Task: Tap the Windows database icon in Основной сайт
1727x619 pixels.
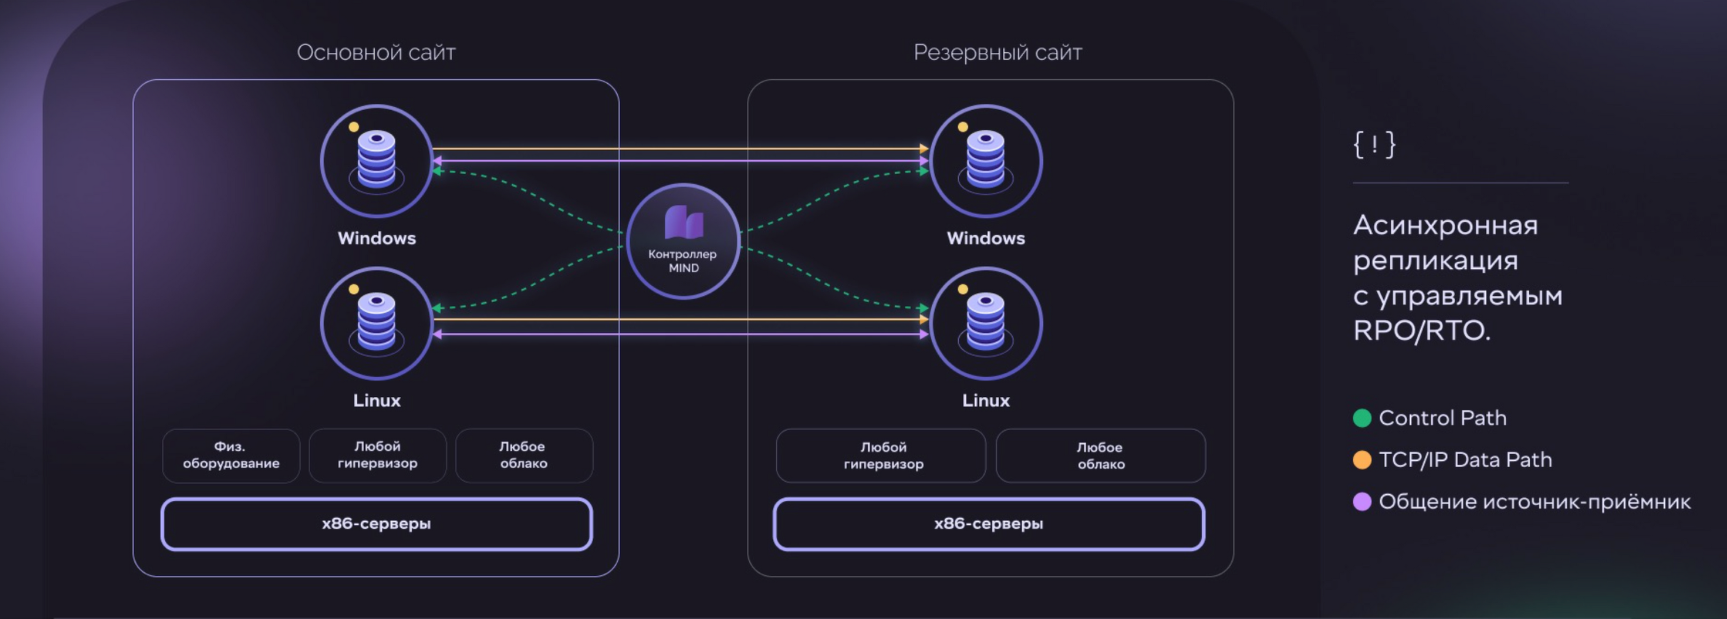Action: [377, 161]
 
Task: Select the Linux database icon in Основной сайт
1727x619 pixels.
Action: [377, 323]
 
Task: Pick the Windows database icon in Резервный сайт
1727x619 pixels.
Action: [986, 161]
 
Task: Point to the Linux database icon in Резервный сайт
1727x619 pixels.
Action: [986, 323]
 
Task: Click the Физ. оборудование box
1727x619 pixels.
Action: [231, 455]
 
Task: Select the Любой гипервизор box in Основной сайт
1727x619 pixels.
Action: [378, 455]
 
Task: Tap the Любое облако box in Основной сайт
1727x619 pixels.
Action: [524, 455]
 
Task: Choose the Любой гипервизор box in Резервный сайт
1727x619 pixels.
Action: [881, 455]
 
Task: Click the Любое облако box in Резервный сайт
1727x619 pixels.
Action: [1101, 455]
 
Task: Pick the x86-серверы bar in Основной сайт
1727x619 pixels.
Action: [377, 524]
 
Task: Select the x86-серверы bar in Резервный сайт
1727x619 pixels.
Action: [989, 524]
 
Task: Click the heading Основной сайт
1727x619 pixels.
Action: [376, 52]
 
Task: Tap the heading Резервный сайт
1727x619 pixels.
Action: [998, 52]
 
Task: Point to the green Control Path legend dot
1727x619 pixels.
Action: [1362, 418]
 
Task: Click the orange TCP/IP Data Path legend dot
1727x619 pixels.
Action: [1362, 460]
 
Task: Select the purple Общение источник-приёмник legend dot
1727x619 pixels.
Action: [1362, 501]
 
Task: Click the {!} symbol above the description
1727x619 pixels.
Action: [1374, 144]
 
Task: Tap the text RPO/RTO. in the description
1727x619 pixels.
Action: [1422, 331]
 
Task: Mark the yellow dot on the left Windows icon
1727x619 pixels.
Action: [354, 127]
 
